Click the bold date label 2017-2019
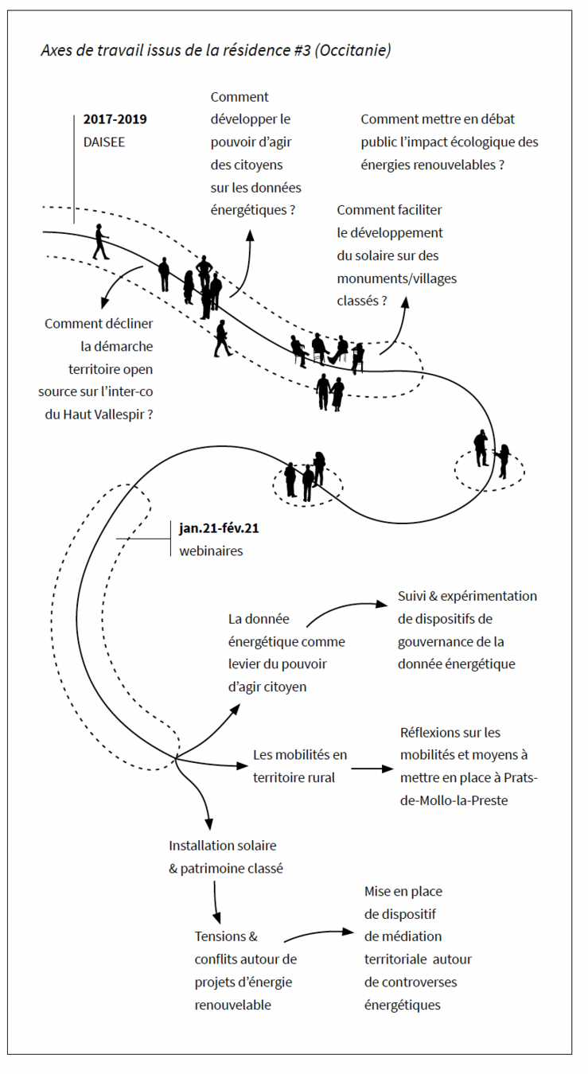click(115, 119)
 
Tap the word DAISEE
click(104, 142)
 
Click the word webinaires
click(211, 551)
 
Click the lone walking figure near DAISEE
click(100, 242)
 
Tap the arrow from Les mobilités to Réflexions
click(372, 769)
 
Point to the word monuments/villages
click(396, 278)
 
